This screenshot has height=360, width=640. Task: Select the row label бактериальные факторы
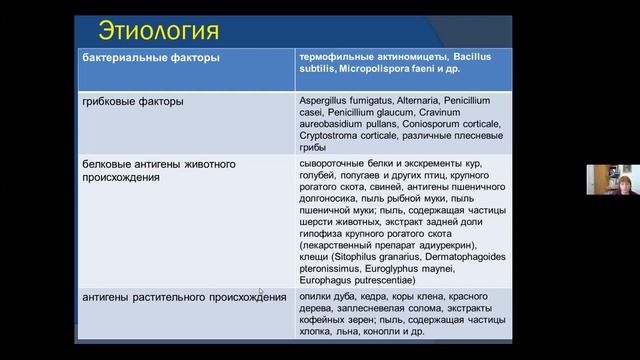tap(150, 58)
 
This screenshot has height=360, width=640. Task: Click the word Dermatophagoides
tap(469, 257)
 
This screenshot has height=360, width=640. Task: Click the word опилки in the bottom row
tap(317, 297)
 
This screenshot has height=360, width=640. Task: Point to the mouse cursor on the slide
tap(260, 293)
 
